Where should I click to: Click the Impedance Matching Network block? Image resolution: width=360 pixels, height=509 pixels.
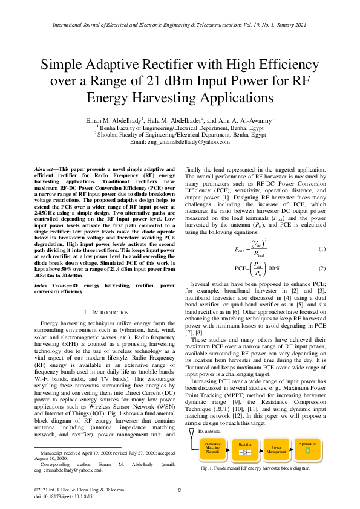(x=212, y=447)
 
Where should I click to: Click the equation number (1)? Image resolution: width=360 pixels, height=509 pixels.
(x=322, y=249)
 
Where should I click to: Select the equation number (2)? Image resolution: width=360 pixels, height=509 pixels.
(x=322, y=267)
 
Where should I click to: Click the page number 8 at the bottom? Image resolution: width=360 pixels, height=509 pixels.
(x=180, y=490)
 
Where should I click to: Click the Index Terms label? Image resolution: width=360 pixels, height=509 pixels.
(x=51, y=285)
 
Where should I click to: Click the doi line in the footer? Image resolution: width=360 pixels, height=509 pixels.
(x=63, y=496)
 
